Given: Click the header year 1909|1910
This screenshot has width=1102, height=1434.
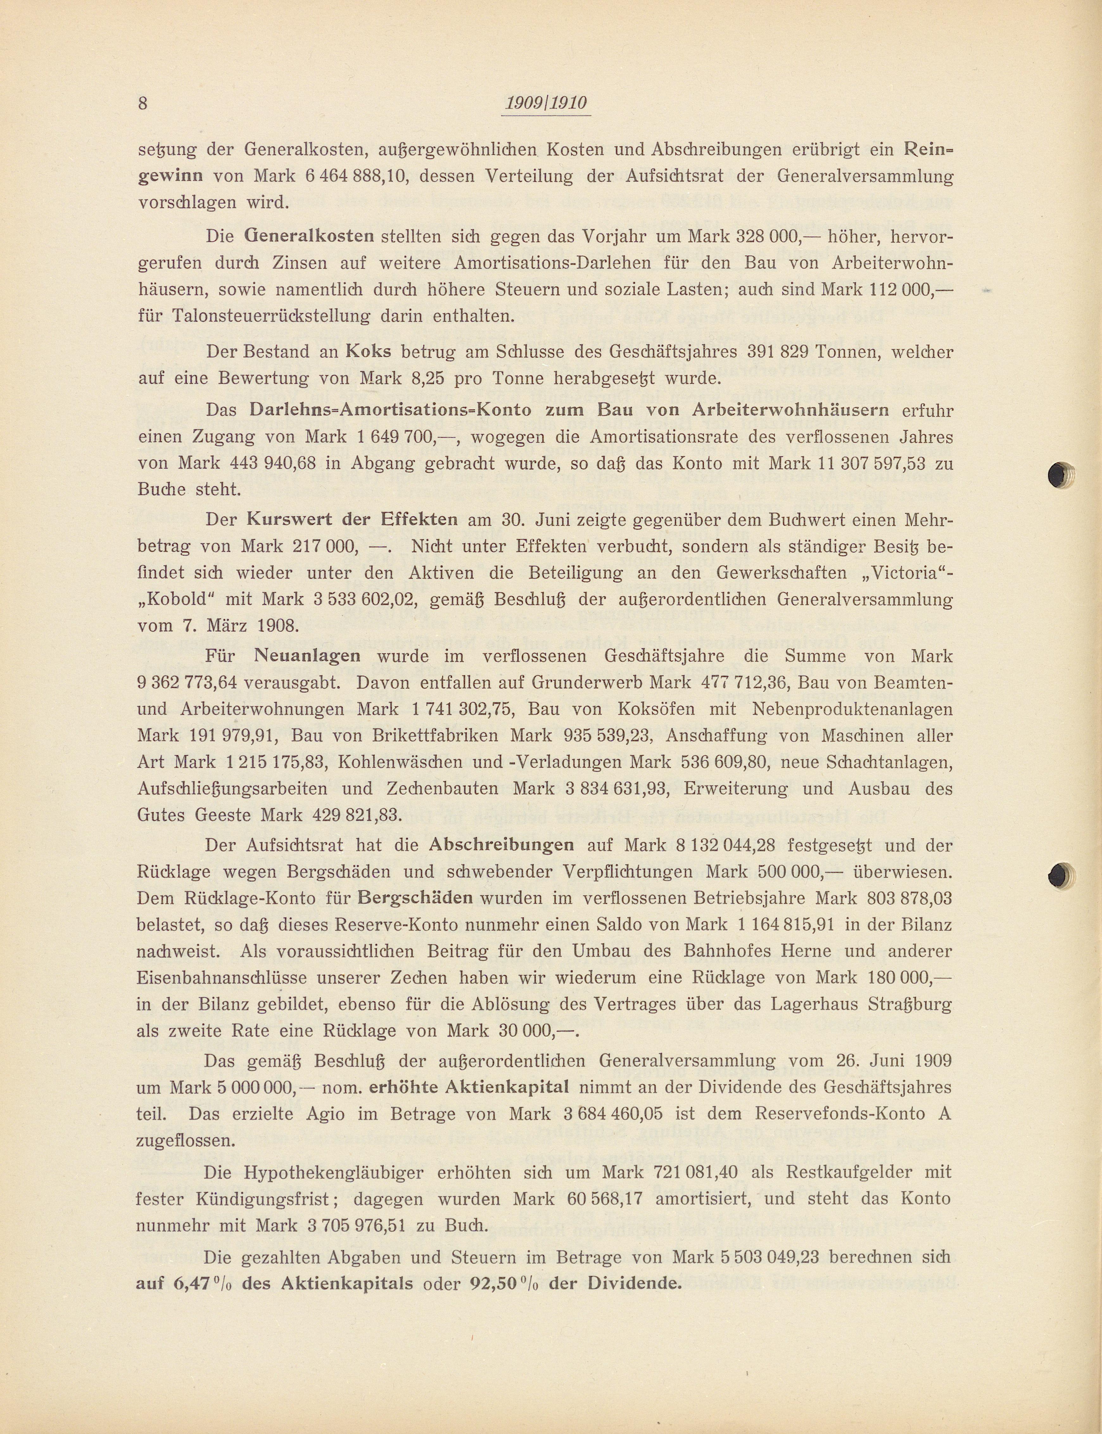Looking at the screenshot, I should click(x=546, y=104).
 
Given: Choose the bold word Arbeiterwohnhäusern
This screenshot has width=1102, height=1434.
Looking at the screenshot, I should click(x=790, y=411).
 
